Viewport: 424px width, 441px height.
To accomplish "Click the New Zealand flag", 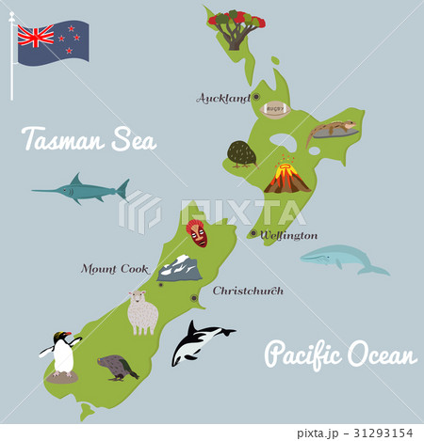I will [x=53, y=42].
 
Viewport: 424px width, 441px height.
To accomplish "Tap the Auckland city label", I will [x=223, y=98].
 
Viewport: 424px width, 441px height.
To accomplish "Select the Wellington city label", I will [x=289, y=235].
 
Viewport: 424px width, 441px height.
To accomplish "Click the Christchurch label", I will [x=248, y=291].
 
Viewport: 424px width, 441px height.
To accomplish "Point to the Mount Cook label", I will [x=115, y=269].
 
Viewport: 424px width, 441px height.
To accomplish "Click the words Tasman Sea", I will [x=89, y=141].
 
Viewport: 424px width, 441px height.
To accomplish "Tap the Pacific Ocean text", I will [x=340, y=355].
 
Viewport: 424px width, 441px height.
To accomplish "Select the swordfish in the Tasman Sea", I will [x=83, y=191].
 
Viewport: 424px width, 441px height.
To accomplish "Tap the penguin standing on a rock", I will [x=62, y=356].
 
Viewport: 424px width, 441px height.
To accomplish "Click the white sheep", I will [x=142, y=312].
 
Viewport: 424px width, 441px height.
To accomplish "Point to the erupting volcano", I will [x=286, y=176].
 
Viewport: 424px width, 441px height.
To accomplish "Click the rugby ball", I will [x=275, y=108].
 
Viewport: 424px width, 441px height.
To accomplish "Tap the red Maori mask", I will [x=197, y=232].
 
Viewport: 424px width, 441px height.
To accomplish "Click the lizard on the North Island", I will [x=332, y=131].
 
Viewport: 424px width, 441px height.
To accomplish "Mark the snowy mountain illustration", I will [x=180, y=269].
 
